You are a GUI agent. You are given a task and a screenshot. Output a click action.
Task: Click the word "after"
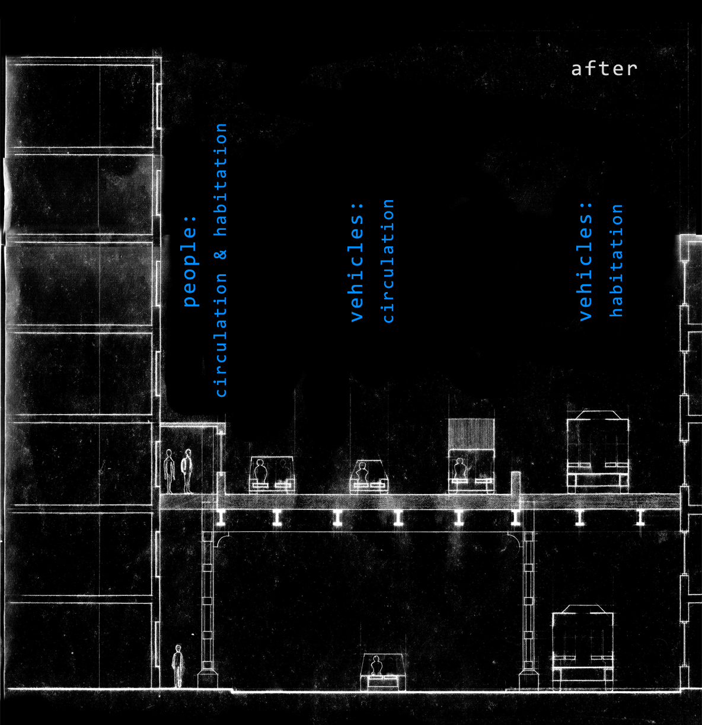pos(604,69)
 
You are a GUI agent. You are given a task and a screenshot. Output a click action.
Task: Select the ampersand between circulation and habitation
pos(221,254)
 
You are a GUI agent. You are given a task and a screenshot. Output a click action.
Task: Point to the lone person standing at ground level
pos(177,666)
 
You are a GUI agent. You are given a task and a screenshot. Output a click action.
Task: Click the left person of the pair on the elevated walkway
pos(170,471)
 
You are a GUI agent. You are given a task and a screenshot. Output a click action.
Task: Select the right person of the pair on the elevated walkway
pos(187,471)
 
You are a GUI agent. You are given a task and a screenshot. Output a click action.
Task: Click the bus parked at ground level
pos(582,649)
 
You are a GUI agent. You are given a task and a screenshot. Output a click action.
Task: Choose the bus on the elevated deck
pos(597,451)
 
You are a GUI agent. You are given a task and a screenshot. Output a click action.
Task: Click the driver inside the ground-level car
pos(375,666)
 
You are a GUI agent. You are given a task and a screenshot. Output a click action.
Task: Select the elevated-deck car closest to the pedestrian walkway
pos(272,474)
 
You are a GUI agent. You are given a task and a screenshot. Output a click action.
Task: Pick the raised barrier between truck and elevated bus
pos(515,482)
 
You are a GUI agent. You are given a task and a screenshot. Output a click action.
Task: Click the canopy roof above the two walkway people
pos(192,425)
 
